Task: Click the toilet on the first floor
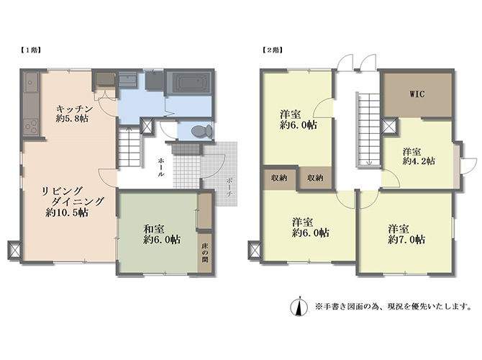201,131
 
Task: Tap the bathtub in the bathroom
189,83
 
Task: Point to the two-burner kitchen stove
31,127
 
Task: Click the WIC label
417,94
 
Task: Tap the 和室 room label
154,229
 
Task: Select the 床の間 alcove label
205,253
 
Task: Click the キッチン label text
75,109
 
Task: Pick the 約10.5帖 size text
67,212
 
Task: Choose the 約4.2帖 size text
419,161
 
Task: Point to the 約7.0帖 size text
406,239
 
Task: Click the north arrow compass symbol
299,306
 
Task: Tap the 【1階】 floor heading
31,50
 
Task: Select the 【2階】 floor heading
273,50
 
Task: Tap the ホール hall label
160,167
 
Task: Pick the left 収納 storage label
279,178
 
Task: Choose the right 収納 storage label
315,178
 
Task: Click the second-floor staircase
368,130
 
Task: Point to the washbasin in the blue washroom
128,80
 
